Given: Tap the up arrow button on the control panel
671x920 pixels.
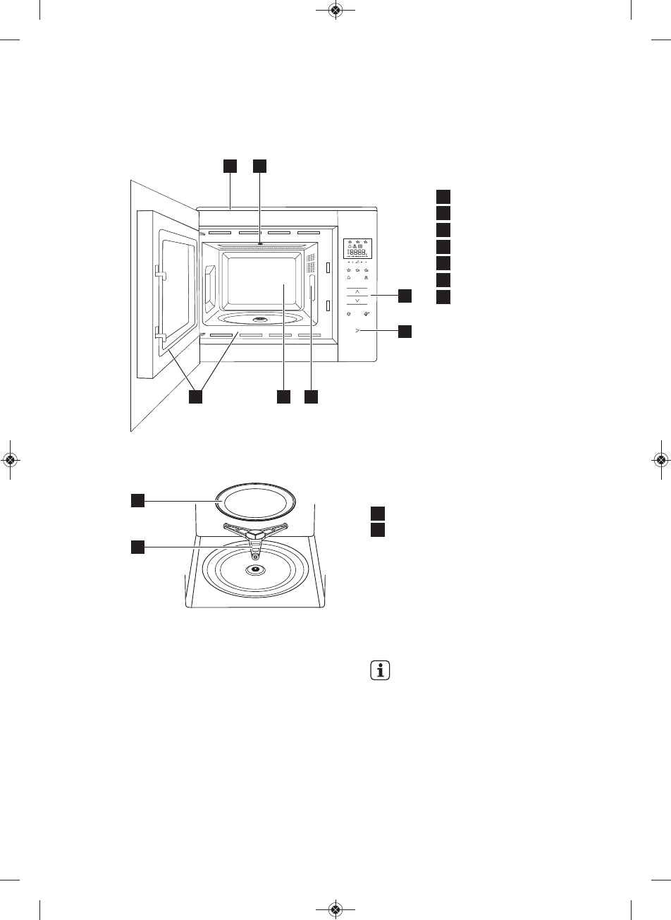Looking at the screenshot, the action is pyautogui.click(x=357, y=291).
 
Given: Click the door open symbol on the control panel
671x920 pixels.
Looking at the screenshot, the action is pyautogui.click(x=357, y=330).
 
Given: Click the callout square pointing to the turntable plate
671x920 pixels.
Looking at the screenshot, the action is pyautogui.click(x=137, y=500).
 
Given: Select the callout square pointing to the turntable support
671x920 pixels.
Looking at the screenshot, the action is pyautogui.click(x=137, y=546).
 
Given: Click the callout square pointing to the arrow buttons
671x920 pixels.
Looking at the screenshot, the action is pyautogui.click(x=405, y=295).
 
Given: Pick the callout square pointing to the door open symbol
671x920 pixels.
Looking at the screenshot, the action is pyautogui.click(x=405, y=330).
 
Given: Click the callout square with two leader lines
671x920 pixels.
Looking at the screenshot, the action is pyautogui.click(x=196, y=397).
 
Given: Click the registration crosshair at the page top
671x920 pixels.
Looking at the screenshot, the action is pyautogui.click(x=335, y=10).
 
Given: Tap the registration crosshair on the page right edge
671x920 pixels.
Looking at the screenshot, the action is pyautogui.click(x=660, y=459).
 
